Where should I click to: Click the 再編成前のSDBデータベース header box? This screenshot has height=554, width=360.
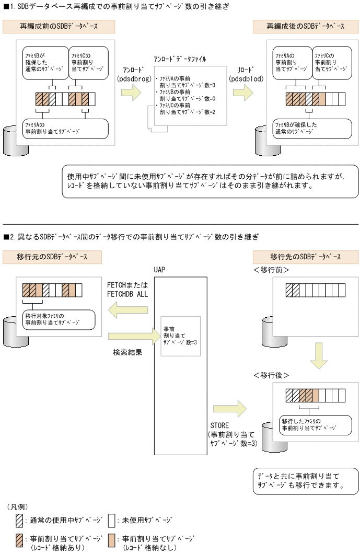(59, 26)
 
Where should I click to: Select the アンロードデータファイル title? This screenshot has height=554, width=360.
(180, 60)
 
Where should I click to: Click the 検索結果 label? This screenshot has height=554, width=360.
(127, 352)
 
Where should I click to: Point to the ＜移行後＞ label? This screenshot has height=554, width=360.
(271, 375)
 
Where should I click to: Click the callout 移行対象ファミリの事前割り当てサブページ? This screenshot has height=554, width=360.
(58, 319)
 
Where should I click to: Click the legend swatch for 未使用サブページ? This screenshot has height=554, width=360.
(111, 521)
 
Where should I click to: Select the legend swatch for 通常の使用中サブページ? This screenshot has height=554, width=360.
(20, 521)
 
